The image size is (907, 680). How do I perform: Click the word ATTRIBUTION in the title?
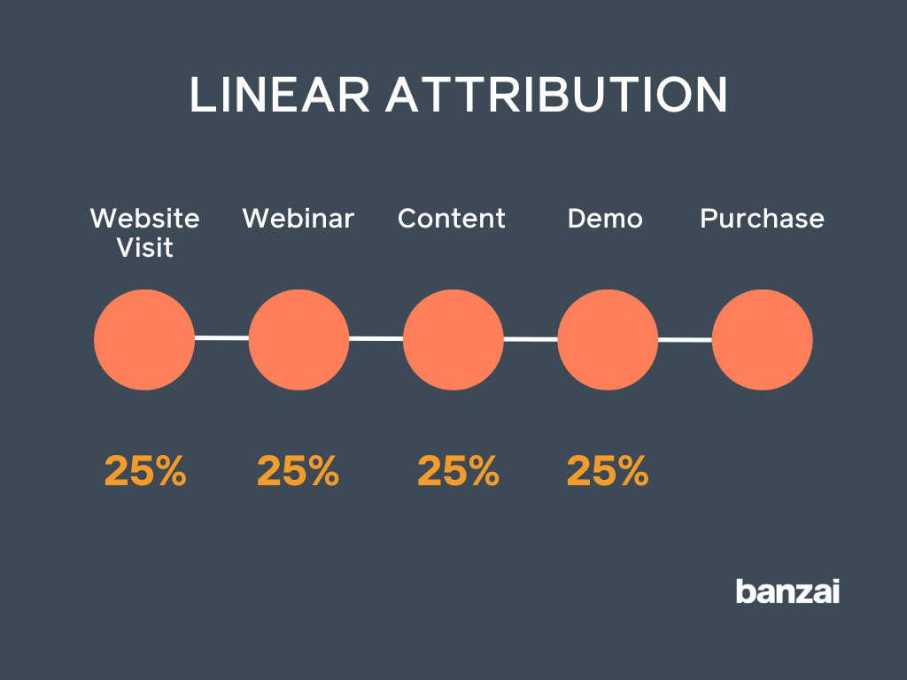point(555,96)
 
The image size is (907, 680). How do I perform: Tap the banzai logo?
point(787,591)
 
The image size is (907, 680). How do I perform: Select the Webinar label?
point(298,219)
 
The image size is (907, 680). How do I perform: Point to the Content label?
point(452,219)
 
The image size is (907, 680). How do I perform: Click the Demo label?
point(605,219)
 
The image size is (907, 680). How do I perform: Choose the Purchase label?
point(762,219)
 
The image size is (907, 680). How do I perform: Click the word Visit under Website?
point(145,248)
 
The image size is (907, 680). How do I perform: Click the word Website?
point(145,219)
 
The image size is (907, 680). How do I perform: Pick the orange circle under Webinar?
point(298,339)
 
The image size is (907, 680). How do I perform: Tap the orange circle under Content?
point(453,339)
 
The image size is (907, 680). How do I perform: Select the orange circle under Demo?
point(608,340)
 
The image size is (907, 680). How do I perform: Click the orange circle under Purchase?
point(762,340)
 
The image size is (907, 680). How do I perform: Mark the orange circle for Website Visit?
point(144,339)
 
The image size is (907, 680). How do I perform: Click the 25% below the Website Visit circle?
point(145,471)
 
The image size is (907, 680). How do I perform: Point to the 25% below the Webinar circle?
point(298,471)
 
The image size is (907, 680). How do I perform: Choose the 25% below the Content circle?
point(458,471)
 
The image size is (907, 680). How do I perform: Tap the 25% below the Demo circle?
point(608,471)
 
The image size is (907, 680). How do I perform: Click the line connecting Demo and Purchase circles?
point(685,340)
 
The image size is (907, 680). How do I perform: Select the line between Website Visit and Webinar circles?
point(221,337)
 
